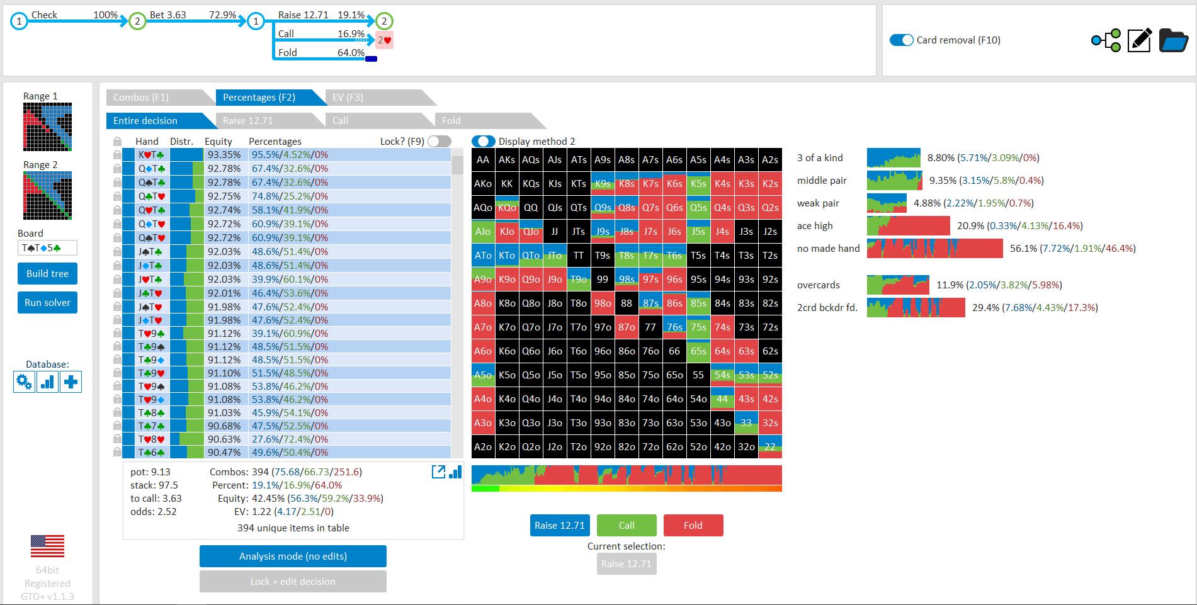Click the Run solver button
[47, 302]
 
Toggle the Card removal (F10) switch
[902, 40]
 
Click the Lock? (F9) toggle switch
[440, 141]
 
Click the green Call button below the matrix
[627, 525]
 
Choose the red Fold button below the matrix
[693, 525]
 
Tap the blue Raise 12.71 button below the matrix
[560, 525]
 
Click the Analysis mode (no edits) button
[293, 556]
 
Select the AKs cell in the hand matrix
[507, 160]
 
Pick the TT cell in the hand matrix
[579, 256]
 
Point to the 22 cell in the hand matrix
[770, 447]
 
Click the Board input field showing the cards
[47, 248]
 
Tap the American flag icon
[47, 546]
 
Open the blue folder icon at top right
[1174, 40]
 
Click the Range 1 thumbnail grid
[47, 127]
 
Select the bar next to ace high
[909, 226]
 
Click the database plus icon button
[71, 382]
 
